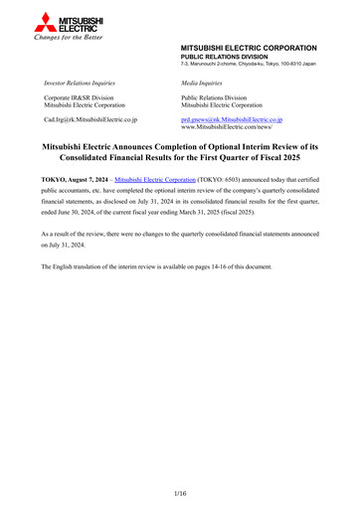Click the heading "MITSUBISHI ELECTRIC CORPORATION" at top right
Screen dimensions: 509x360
[x=248, y=48]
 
